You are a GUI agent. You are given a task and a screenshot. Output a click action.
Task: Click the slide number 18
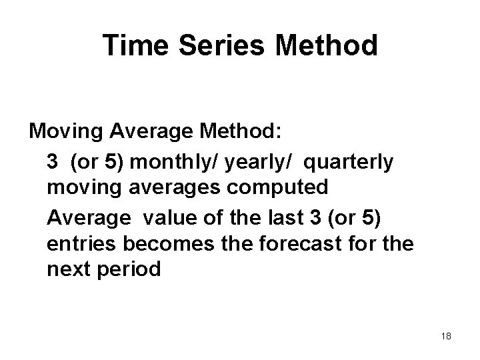[446, 336]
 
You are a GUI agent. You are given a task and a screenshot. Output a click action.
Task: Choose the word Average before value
[89, 217]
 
